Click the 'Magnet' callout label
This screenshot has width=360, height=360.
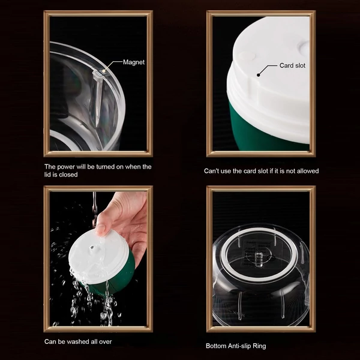tap(134, 62)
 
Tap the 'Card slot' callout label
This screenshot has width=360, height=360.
tap(292, 65)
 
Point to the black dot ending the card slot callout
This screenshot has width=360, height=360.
tap(258, 74)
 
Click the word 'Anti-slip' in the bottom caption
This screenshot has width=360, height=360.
tap(238, 346)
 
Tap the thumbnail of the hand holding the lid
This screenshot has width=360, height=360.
tap(98, 259)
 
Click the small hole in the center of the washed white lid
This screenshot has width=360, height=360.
tap(92, 247)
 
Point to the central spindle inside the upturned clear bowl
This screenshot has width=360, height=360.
tap(259, 259)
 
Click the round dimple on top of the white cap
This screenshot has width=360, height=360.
tap(247, 56)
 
